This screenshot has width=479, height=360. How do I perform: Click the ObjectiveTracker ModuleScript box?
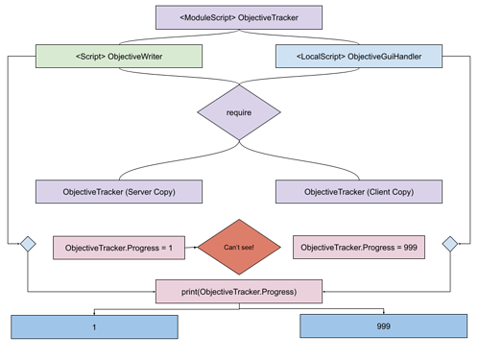[239, 17]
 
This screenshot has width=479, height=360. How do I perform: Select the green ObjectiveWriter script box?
[119, 57]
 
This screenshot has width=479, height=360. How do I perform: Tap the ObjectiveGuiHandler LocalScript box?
[358, 57]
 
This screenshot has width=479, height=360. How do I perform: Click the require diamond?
[239, 112]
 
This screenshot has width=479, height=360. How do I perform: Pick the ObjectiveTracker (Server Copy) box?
[119, 192]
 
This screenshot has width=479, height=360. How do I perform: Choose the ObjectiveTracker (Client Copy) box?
[358, 192]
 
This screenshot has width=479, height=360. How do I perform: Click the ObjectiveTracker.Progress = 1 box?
[119, 249]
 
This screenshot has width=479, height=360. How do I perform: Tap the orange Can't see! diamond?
[239, 248]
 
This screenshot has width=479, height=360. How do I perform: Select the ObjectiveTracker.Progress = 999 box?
[358, 249]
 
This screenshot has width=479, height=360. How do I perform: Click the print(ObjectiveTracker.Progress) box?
[239, 291]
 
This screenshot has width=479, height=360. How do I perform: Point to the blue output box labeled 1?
[94, 327]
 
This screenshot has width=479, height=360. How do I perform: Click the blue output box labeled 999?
[383, 327]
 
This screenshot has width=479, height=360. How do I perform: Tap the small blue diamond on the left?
[28, 245]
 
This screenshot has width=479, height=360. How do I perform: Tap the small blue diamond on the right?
[449, 245]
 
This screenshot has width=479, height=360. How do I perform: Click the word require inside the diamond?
[239, 112]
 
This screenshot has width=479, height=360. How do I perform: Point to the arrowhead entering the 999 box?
[383, 312]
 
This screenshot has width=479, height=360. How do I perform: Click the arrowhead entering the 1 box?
[94, 312]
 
